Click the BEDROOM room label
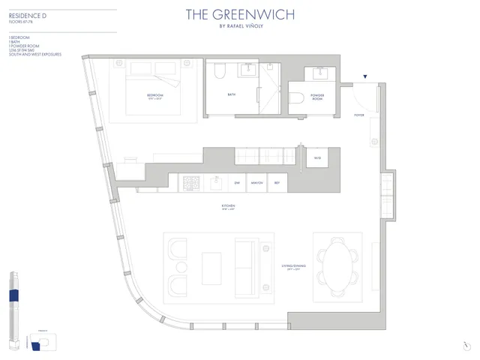point(155,95)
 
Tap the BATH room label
point(231,94)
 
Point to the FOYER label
point(359,115)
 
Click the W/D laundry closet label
point(318,158)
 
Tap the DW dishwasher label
point(237,183)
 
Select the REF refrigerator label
point(277,183)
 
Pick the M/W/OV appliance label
point(256,183)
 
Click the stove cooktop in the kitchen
point(190,183)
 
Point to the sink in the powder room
point(325,73)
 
